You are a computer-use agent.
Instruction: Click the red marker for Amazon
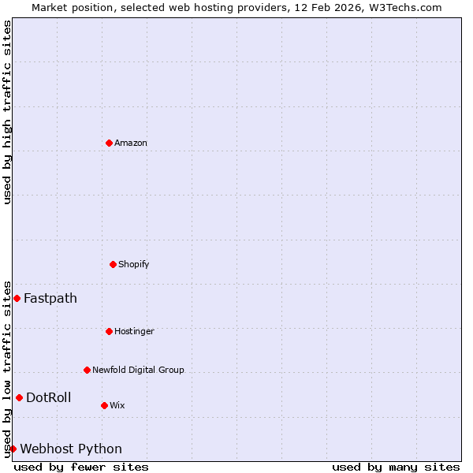[109, 143]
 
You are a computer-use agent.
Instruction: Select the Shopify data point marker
[113, 264]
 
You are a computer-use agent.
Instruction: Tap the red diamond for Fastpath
[17, 298]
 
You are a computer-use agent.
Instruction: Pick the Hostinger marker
[109, 331]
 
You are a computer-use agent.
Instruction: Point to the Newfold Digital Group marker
[87, 370]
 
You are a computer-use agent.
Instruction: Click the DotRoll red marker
[19, 397]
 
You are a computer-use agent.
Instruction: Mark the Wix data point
[104, 405]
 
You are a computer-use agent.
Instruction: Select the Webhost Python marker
[13, 449]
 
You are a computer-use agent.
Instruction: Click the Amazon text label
[131, 143]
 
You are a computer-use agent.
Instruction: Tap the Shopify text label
[134, 264]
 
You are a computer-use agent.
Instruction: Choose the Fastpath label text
[50, 298]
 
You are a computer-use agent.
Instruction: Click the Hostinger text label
[134, 331]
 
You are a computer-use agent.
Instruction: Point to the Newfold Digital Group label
[138, 370]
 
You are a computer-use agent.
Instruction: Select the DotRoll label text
[48, 397]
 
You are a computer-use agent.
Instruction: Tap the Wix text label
[117, 405]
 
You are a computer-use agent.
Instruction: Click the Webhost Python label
[71, 449]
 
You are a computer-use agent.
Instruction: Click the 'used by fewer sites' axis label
[81, 467]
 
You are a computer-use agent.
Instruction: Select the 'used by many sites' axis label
[396, 467]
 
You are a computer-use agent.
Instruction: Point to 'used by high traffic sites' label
[7, 112]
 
